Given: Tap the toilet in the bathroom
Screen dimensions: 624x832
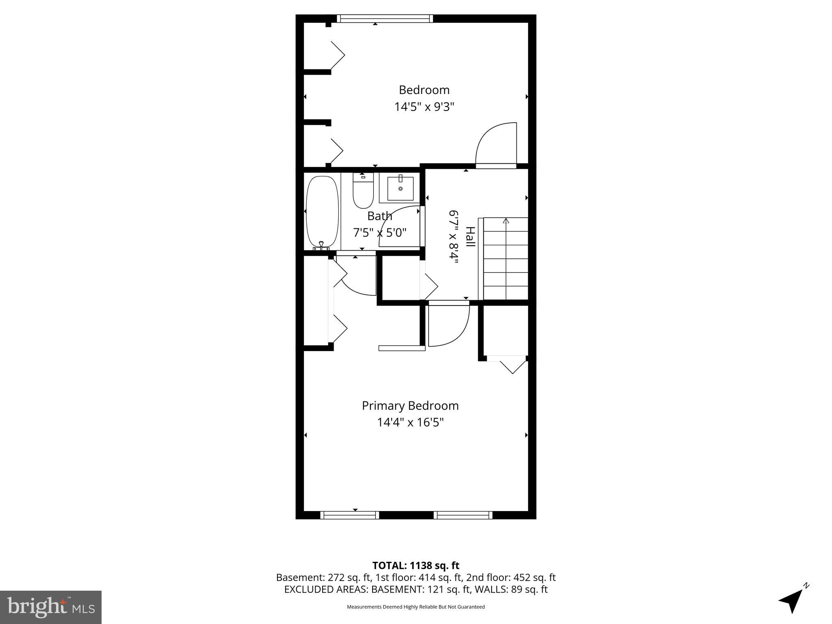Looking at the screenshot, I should (x=363, y=192).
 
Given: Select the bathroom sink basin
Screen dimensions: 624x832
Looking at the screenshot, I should (x=400, y=188).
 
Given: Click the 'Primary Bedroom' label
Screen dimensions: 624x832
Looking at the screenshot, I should (x=410, y=406).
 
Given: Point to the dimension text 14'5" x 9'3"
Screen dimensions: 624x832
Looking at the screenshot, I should (x=424, y=107).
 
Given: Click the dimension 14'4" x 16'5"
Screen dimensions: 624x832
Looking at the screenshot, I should (x=410, y=422).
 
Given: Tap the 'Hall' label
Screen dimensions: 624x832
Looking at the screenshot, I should (x=470, y=237).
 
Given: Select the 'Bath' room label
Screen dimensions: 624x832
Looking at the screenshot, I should (x=379, y=216).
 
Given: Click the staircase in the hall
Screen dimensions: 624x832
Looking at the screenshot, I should (x=505, y=259).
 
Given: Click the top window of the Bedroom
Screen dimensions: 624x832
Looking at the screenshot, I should (x=384, y=18).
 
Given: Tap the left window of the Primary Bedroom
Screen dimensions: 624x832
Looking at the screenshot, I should (x=349, y=515).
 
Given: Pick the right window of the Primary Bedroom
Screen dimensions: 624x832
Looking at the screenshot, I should (x=463, y=515).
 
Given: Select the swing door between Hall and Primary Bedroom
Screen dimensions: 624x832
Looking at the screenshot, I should (x=448, y=325).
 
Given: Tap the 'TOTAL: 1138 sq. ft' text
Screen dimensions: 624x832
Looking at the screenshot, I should (x=416, y=565).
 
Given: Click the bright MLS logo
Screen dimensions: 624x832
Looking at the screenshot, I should (x=51, y=607).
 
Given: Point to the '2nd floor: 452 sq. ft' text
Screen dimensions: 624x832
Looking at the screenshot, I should (x=511, y=577).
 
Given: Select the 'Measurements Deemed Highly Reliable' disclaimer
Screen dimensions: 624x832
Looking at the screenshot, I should (x=416, y=607).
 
